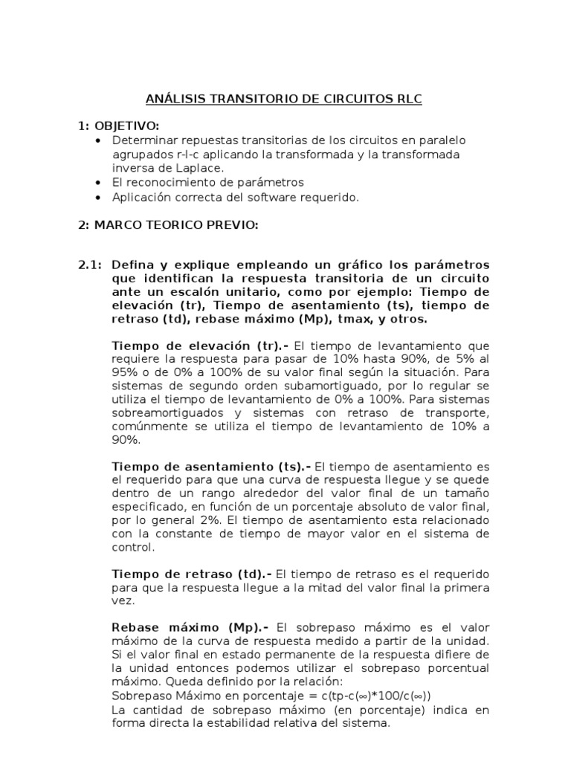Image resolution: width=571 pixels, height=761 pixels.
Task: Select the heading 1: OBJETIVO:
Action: coord(124,126)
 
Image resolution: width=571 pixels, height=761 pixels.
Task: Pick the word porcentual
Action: coord(454,668)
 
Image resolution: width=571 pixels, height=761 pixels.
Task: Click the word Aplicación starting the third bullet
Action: coord(140,197)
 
